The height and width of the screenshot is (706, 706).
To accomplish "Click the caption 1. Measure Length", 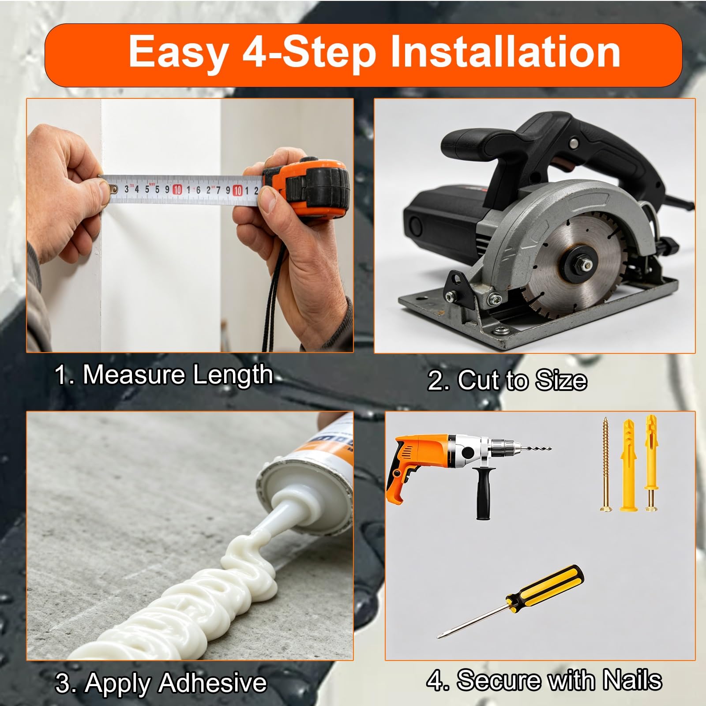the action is tap(163, 376).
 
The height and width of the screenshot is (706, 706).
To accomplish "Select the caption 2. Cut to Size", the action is tap(507, 380).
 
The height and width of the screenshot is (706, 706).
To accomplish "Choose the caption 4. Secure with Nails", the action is tap(544, 680).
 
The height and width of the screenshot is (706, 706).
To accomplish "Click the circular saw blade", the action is tap(578, 265).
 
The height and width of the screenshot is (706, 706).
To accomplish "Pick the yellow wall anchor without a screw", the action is tap(628, 465).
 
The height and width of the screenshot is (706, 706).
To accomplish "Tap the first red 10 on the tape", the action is tap(177, 190).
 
